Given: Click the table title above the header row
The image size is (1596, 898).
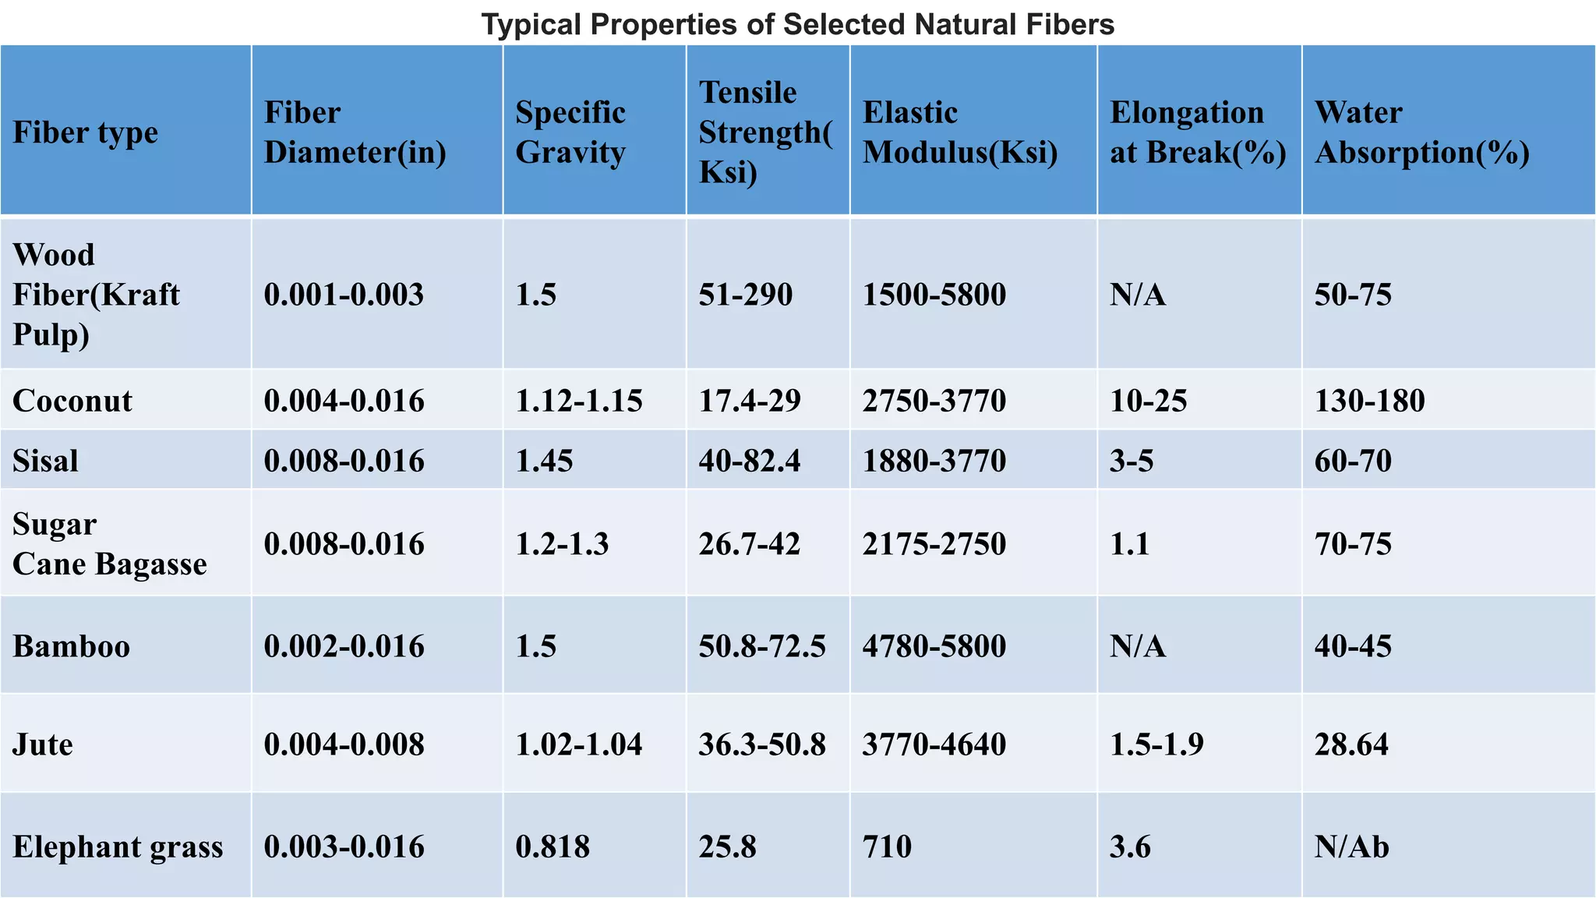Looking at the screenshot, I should pyautogui.click(x=798, y=24).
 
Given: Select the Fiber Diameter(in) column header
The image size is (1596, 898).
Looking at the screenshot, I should pyautogui.click(x=355, y=133).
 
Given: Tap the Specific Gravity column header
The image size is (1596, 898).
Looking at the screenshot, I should pyautogui.click(x=570, y=133).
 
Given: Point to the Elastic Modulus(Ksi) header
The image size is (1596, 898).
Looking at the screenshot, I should pyautogui.click(x=959, y=133).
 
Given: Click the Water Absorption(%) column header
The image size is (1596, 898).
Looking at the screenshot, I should pyautogui.click(x=1421, y=133).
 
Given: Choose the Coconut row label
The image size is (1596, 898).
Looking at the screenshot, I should pyautogui.click(x=72, y=401).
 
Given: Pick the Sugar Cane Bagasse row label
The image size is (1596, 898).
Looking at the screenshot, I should pyautogui.click(x=109, y=543).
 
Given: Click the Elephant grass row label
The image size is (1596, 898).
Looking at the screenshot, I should pyautogui.click(x=118, y=847).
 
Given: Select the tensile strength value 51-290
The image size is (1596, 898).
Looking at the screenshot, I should pyautogui.click(x=745, y=295).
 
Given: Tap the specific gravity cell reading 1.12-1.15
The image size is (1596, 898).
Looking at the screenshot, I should pyautogui.click(x=579, y=401).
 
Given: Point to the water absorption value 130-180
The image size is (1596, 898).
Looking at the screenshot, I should pyautogui.click(x=1369, y=401).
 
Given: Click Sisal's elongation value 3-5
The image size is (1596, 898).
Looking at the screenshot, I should pyautogui.click(x=1132, y=461).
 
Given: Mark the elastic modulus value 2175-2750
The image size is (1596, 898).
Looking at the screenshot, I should pyautogui.click(x=934, y=543).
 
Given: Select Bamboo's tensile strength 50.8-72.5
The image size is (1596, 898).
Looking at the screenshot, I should pyautogui.click(x=761, y=646).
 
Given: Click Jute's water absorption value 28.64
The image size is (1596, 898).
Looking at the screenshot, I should pyautogui.click(x=1351, y=744).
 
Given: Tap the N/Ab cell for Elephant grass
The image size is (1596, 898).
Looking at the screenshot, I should pyautogui.click(x=1351, y=847).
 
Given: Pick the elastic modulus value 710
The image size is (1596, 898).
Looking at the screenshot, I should pyautogui.click(x=887, y=847).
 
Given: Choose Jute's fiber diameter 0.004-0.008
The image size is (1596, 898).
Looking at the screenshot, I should pyautogui.click(x=344, y=744).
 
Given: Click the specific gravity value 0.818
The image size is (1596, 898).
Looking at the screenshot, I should pyautogui.click(x=553, y=847).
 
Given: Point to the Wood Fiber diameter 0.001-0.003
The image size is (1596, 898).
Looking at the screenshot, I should pyautogui.click(x=344, y=295).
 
